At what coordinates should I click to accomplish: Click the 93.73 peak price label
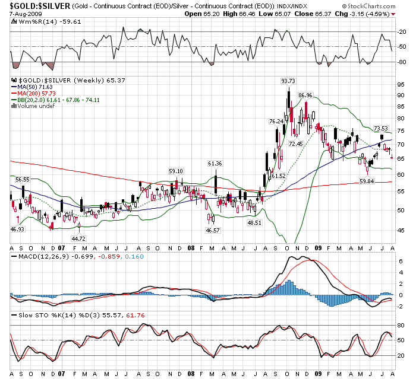point(288,81)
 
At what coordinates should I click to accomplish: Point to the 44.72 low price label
point(78,238)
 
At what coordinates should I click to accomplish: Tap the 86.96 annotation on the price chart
point(305,95)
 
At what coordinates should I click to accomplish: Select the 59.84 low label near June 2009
point(367,181)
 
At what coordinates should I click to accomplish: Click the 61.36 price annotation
point(215,164)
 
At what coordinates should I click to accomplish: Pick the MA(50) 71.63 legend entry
point(32,87)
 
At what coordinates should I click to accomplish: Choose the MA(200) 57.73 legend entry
point(33,94)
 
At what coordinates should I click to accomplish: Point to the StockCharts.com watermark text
point(368,6)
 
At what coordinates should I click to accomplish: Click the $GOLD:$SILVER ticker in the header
point(40,6)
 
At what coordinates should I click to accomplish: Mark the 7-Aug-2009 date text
point(26,14)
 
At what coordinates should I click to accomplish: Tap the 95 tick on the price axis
point(401,84)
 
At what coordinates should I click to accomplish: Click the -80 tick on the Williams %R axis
point(402,62)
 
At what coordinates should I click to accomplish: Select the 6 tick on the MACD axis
point(401,261)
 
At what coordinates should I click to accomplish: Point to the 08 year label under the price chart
point(191,248)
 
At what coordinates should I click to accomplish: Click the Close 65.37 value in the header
point(313,14)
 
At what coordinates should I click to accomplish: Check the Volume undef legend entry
point(33,106)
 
